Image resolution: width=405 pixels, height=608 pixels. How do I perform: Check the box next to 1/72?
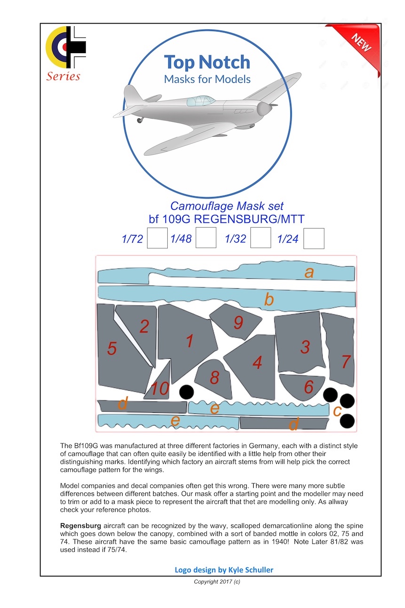tap(157, 238)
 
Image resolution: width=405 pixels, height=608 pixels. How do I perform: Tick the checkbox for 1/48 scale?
tap(206, 238)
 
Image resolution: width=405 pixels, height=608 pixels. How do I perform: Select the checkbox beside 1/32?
tap(260, 238)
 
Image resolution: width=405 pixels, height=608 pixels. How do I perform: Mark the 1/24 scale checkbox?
tap(314, 238)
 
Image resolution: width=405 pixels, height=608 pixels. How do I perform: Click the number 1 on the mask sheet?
tap(190, 341)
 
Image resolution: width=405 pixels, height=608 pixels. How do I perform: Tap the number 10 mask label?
tap(160, 389)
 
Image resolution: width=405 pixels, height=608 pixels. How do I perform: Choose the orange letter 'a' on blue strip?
tap(309, 272)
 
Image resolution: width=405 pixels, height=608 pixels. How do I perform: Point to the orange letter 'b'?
tap(269, 299)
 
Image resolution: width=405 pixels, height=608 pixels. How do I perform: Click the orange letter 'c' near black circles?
tap(337, 411)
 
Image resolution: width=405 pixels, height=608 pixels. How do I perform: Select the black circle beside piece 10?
tap(187, 392)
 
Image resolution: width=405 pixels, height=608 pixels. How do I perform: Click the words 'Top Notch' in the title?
tap(207, 63)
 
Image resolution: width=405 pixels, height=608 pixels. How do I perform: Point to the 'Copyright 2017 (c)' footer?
tap(217, 582)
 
